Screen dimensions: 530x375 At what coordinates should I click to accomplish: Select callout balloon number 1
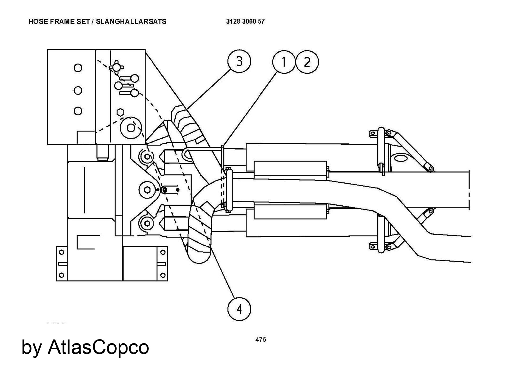284,62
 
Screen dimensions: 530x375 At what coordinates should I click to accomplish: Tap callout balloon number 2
307,62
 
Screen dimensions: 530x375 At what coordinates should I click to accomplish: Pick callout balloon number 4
239,309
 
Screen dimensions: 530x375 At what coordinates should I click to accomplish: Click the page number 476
260,339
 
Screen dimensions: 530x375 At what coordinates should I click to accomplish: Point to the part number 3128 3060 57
245,21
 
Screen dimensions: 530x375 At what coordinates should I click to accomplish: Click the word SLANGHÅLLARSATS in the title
131,21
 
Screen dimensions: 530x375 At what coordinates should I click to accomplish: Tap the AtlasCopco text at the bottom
98,347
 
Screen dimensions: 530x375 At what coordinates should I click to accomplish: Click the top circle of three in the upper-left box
78,68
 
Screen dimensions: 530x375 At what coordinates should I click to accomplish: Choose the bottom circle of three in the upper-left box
78,111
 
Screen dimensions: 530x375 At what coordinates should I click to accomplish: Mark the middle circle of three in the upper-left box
78,91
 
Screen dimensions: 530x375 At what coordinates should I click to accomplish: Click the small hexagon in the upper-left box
120,112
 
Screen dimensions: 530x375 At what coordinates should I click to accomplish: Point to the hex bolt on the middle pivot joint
148,190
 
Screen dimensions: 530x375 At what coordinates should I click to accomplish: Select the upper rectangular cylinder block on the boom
290,168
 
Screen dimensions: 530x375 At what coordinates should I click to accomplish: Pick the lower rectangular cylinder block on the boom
290,212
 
